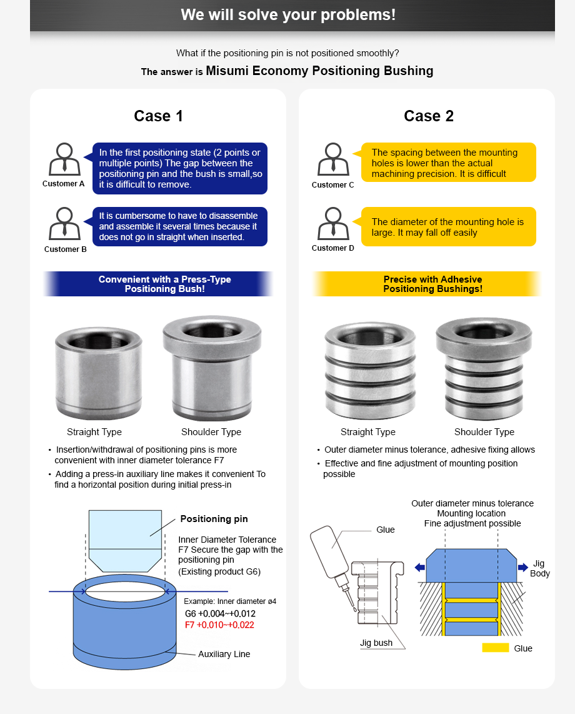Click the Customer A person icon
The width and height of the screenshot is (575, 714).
click(64, 159)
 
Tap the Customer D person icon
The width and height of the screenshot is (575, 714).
click(333, 223)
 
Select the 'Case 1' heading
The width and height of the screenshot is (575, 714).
click(158, 116)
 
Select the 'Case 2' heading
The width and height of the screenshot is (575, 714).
click(428, 116)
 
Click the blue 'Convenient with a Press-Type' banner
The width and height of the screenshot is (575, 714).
click(159, 284)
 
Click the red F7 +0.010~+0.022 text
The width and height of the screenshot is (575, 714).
click(220, 625)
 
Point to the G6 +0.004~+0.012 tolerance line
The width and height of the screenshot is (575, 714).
click(220, 613)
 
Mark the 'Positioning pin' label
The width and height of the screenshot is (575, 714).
click(214, 519)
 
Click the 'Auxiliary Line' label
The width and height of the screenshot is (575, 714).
click(224, 654)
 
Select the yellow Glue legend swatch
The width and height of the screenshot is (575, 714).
click(495, 648)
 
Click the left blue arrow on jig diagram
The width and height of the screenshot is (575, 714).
click(419, 567)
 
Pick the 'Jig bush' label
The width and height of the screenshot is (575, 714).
click(376, 643)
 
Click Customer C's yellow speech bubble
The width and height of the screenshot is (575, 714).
click(448, 163)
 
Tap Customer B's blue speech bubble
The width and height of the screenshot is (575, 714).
click(179, 226)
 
